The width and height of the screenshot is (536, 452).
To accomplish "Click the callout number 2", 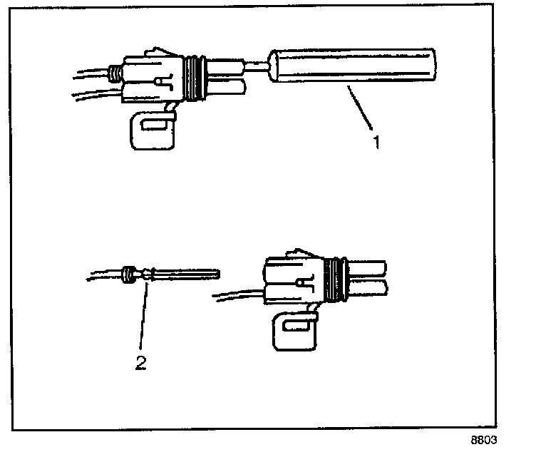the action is click(x=140, y=363).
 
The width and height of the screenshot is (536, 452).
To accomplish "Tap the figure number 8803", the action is click(x=483, y=440).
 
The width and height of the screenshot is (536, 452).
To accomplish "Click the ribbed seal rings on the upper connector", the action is click(x=193, y=76).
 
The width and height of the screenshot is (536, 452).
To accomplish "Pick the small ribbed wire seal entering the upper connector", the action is click(x=113, y=72).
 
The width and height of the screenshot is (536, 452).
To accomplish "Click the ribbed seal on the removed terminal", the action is click(x=130, y=274).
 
